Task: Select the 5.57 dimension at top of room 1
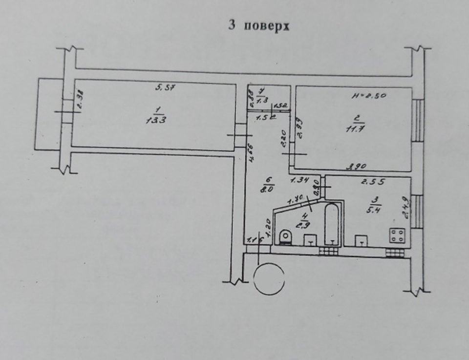pos(165,88)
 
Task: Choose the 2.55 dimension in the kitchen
pos(373,183)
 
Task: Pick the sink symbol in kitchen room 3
pos(361,241)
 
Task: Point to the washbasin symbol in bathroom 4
pos(310,241)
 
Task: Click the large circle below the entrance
pos(269,279)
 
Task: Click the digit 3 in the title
pos(232,25)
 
